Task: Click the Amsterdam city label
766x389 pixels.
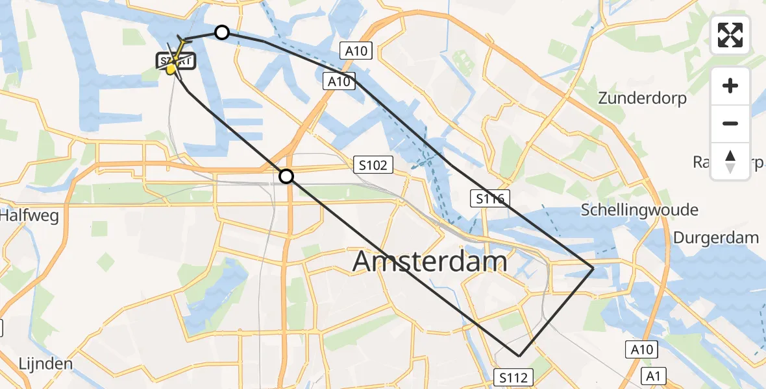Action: (x=430, y=261)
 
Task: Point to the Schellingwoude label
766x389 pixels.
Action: (x=639, y=209)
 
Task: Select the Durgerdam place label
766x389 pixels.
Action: (x=715, y=237)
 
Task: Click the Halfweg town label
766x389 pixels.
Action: (x=29, y=215)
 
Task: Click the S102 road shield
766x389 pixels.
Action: (x=373, y=165)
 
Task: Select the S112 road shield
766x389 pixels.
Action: (x=515, y=377)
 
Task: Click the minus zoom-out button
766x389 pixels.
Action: (x=730, y=123)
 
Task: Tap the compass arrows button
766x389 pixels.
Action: (x=730, y=161)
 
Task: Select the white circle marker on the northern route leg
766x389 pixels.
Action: (x=222, y=32)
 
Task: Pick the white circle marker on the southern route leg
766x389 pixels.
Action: (x=286, y=176)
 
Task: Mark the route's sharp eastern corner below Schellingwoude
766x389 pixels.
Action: (x=593, y=268)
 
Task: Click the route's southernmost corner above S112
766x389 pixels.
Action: (x=519, y=355)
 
